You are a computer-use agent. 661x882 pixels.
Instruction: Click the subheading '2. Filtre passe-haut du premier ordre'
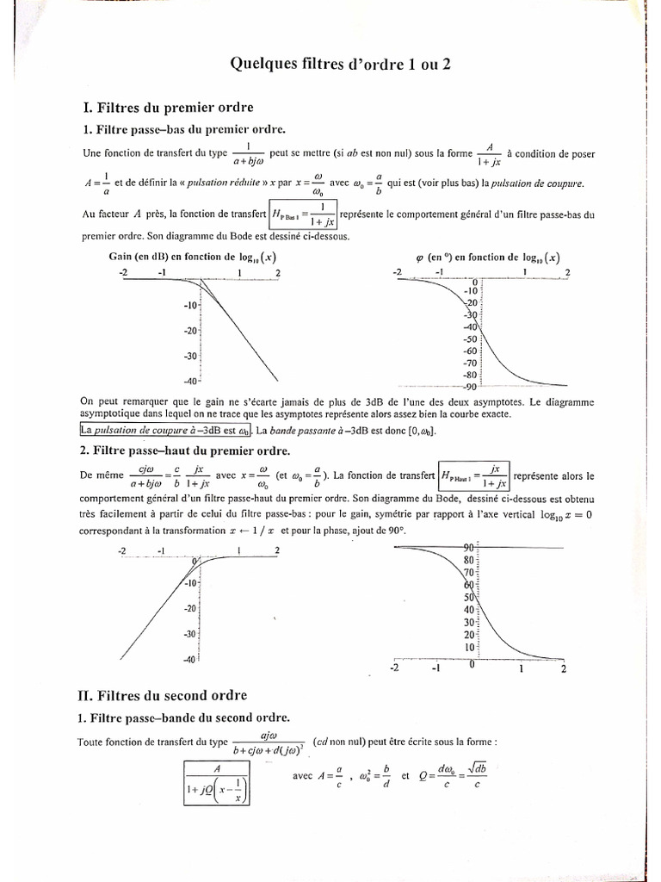click(185, 450)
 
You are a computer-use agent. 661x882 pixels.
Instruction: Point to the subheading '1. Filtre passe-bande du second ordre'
click(185, 717)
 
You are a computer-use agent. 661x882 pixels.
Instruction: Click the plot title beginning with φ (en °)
click(491, 257)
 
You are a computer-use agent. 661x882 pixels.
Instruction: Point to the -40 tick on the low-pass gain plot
click(190, 381)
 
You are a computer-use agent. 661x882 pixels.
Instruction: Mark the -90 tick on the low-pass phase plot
click(469, 387)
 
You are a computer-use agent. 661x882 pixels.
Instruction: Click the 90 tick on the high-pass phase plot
click(470, 548)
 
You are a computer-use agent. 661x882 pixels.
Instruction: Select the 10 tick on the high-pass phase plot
click(470, 647)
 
